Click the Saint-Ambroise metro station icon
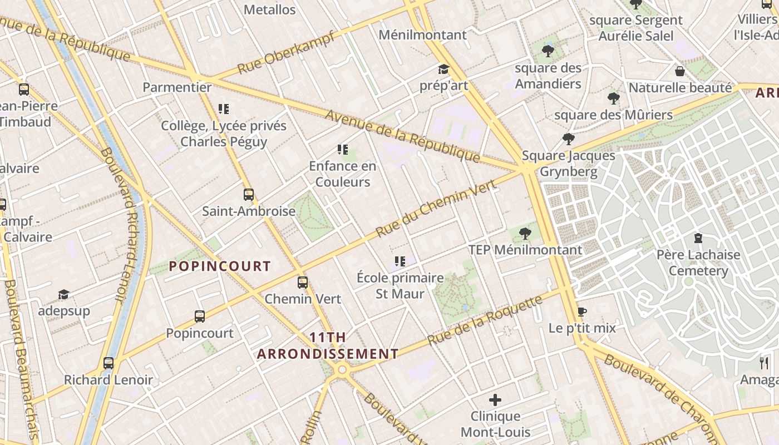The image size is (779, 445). pyautogui.click(x=249, y=195)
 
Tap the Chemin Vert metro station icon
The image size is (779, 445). pyautogui.click(x=302, y=283)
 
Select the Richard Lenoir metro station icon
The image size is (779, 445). pyautogui.click(x=109, y=364)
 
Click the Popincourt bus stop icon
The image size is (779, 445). pyautogui.click(x=200, y=317)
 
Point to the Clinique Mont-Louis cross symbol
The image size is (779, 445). pyautogui.click(x=495, y=400)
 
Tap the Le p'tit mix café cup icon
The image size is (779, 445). pyautogui.click(x=582, y=311)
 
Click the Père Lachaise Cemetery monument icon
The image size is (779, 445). pyautogui.click(x=698, y=239)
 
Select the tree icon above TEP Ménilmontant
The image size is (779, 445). pyautogui.click(x=525, y=234)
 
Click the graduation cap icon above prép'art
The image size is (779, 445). pyautogui.click(x=443, y=70)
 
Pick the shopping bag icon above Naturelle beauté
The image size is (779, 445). pyautogui.click(x=679, y=71)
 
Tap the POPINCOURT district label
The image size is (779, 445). pyautogui.click(x=220, y=266)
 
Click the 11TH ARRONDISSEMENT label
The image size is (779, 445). pyautogui.click(x=328, y=345)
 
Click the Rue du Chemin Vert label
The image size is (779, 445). pyautogui.click(x=436, y=209)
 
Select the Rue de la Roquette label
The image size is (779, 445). pyautogui.click(x=485, y=320)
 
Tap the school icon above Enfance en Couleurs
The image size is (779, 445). pyautogui.click(x=343, y=150)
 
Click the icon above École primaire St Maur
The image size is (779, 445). pyautogui.click(x=400, y=261)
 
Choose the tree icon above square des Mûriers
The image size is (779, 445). pyautogui.click(x=614, y=98)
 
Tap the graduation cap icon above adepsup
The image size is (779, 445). pyautogui.click(x=64, y=294)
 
